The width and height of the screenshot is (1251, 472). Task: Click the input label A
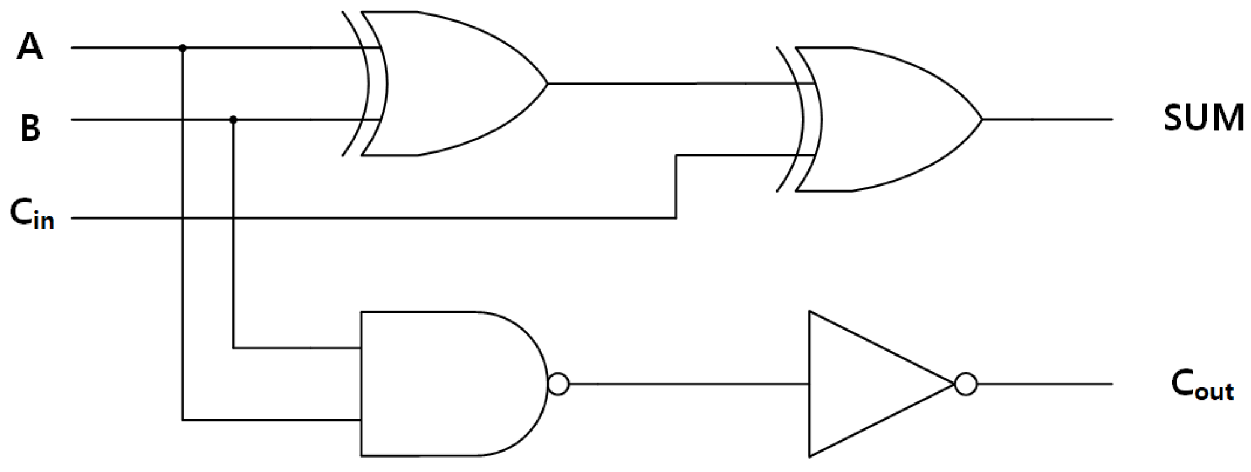(x=30, y=47)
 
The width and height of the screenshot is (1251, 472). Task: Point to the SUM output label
(x=1203, y=118)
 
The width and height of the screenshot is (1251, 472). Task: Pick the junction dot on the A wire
(x=182, y=47)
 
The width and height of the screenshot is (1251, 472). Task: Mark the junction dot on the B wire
(x=233, y=120)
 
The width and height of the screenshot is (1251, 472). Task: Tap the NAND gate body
(x=444, y=384)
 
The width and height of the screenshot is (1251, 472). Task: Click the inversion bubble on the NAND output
(x=558, y=384)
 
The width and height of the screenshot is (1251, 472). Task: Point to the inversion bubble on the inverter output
(x=965, y=384)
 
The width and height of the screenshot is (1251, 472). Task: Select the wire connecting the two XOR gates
(x=660, y=83)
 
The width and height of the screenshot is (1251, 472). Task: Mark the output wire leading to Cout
(x=1044, y=384)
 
